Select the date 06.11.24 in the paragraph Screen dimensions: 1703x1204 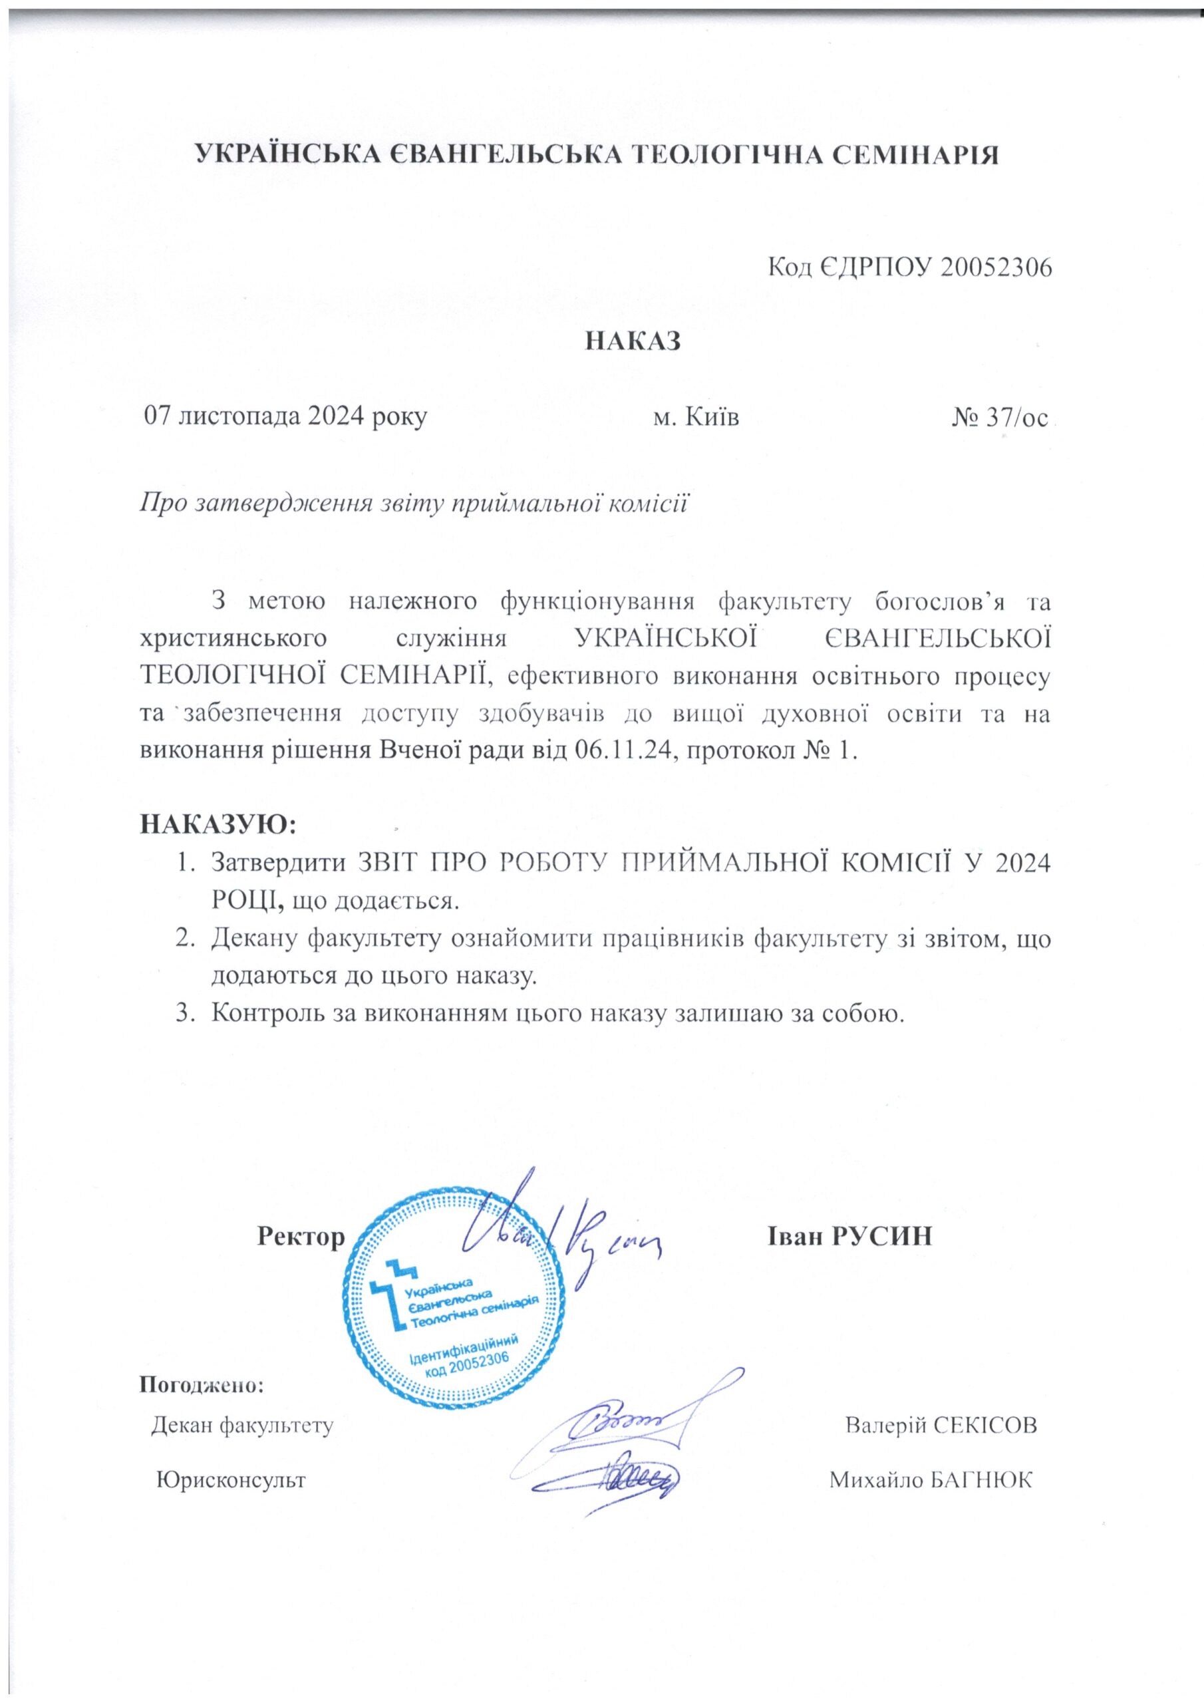pyautogui.click(x=623, y=751)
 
